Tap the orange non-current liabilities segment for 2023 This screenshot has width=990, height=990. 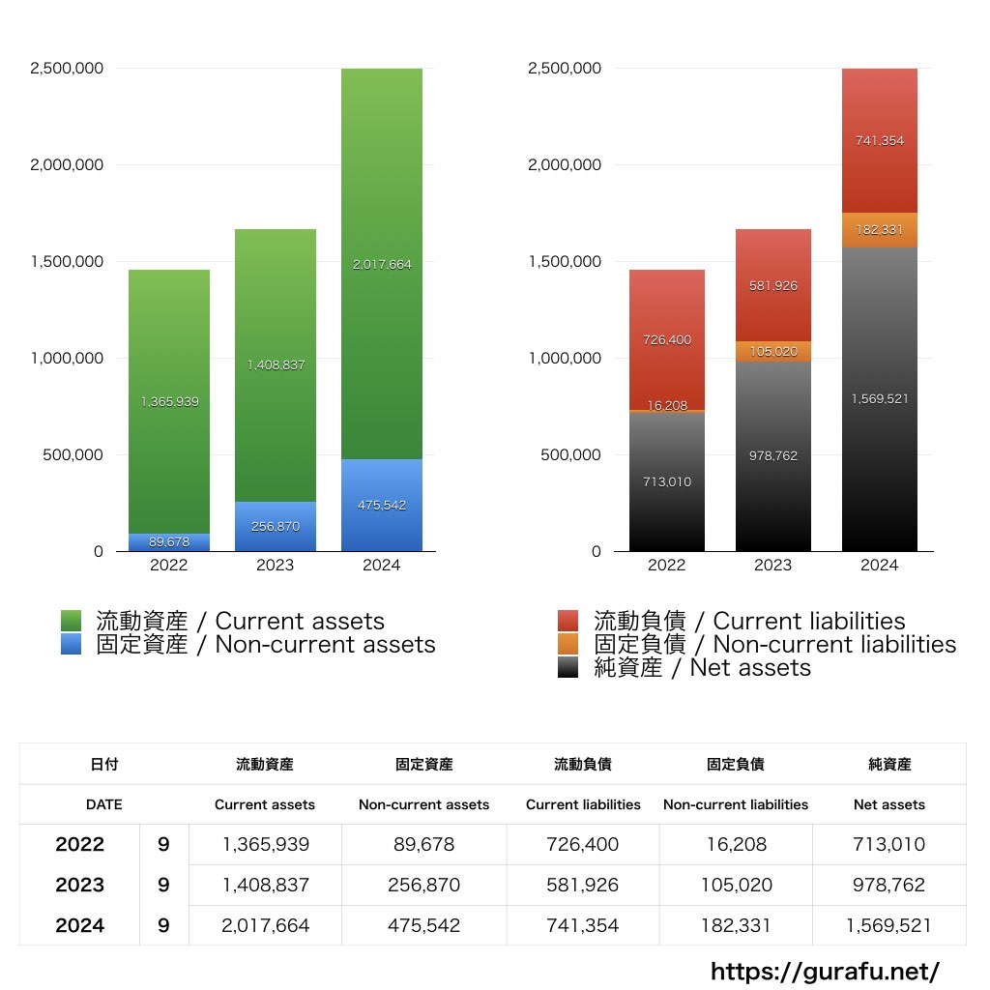click(x=773, y=351)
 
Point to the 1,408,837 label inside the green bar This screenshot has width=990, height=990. click(x=275, y=365)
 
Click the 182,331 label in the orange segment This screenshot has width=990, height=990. click(x=880, y=230)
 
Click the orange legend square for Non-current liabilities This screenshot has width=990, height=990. click(x=568, y=644)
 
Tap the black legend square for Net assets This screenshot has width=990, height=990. click(x=568, y=667)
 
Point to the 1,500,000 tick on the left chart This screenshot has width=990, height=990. click(x=68, y=262)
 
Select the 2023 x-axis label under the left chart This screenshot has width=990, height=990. click(x=275, y=566)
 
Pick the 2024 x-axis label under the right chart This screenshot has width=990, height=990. click(x=879, y=566)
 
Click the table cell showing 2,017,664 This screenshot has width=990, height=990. click(x=266, y=925)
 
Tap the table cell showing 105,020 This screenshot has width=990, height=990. click(x=736, y=885)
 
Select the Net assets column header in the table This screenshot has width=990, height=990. click(x=889, y=804)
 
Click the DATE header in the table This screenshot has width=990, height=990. click(x=104, y=804)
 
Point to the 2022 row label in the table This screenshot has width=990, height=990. click(x=80, y=844)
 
